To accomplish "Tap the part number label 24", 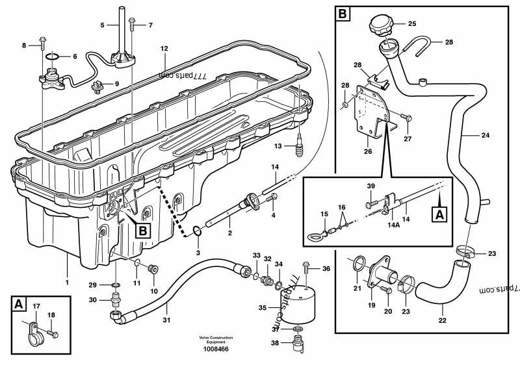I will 486,136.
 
